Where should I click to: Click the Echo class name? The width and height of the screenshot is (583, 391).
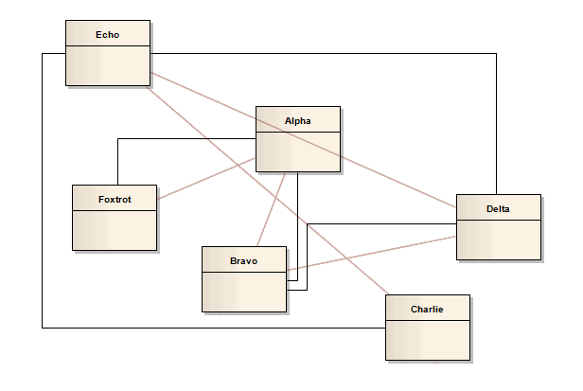pyautogui.click(x=107, y=35)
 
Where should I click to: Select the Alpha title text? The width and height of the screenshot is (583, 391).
pyautogui.click(x=297, y=120)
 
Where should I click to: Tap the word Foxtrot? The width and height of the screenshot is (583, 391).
pyautogui.click(x=114, y=199)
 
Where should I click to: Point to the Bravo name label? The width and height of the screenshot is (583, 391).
pyautogui.click(x=243, y=260)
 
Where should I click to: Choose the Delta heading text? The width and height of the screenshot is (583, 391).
pyautogui.click(x=498, y=208)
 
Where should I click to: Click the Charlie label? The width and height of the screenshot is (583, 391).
pyautogui.click(x=427, y=309)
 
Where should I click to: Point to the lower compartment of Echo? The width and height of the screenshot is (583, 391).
pyautogui.click(x=107, y=65)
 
